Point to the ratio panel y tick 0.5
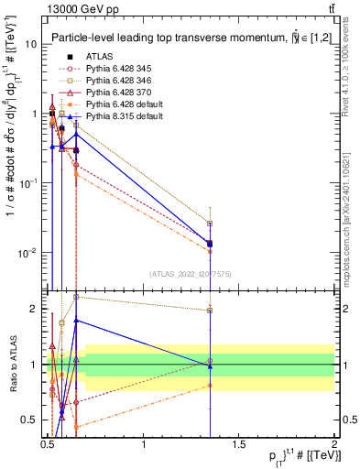pyautogui.click(x=34, y=420)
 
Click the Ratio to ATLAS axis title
pyautogui.click(x=12, y=365)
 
